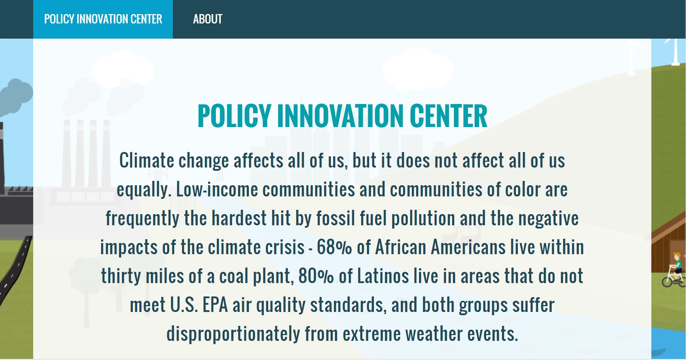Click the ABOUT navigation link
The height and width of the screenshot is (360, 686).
click(x=207, y=19)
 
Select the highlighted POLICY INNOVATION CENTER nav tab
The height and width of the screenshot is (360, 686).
click(x=103, y=19)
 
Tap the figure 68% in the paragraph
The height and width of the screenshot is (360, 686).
click(x=334, y=247)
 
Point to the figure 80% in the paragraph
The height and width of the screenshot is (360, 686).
click(x=316, y=276)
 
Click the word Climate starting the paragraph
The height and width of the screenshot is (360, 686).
click(x=147, y=161)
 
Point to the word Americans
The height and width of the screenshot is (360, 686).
click(x=468, y=247)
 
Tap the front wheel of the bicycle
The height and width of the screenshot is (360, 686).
click(x=667, y=281)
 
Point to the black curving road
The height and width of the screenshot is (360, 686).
click(x=16, y=267)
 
